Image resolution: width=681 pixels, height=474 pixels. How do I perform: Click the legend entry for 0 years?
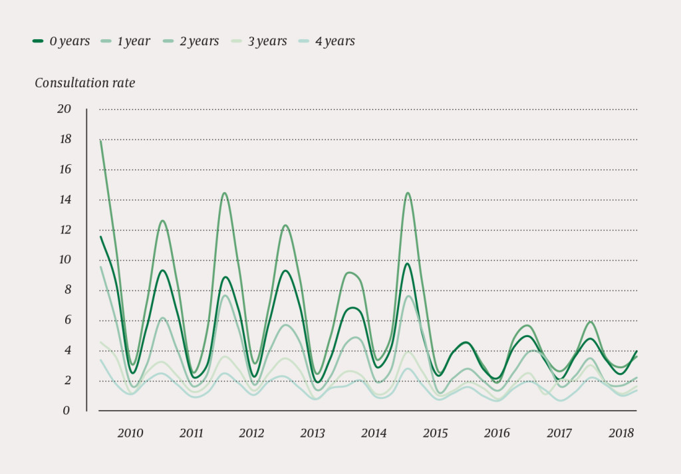61,41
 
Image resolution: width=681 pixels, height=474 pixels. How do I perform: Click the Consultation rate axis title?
84,83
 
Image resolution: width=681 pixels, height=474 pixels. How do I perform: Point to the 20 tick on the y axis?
64,109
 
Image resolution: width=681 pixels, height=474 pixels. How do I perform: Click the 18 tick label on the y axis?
65,140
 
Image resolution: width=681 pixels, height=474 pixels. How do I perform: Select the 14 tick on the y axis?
65,200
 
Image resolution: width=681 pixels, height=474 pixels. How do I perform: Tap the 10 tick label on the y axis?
64,260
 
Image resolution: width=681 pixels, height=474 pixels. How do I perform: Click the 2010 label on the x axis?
130,433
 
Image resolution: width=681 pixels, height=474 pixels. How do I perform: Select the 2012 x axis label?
251,433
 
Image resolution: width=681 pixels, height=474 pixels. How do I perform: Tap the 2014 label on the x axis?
374,433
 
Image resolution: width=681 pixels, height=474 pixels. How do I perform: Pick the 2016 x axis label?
497,433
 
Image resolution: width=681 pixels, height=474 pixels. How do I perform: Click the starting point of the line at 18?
100,140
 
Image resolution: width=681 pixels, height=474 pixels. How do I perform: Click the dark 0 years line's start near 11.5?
100,237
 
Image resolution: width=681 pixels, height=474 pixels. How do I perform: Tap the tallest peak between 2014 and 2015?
407,193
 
